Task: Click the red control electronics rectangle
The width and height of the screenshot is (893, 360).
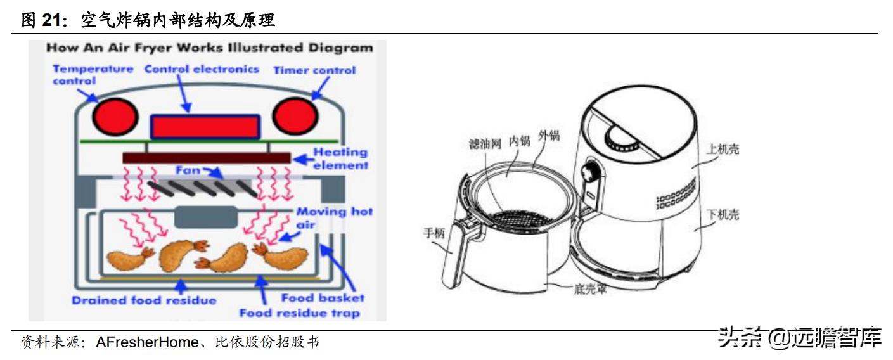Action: (205, 127)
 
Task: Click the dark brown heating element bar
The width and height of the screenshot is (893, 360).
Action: (206, 157)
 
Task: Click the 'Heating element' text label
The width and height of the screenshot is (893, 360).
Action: (340, 158)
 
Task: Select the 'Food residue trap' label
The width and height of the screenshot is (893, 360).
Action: (299, 312)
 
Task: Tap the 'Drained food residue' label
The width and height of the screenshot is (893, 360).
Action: (144, 300)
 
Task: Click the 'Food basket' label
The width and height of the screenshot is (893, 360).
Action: (323, 297)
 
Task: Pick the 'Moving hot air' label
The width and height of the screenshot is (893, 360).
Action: (334, 217)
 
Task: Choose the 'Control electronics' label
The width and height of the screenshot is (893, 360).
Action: (202, 68)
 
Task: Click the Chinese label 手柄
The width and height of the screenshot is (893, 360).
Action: (435, 233)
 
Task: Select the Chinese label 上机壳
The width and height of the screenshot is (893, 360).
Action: (723, 150)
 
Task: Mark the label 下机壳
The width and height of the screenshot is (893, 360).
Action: (723, 215)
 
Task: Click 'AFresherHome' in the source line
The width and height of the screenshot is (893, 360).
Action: (147, 343)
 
